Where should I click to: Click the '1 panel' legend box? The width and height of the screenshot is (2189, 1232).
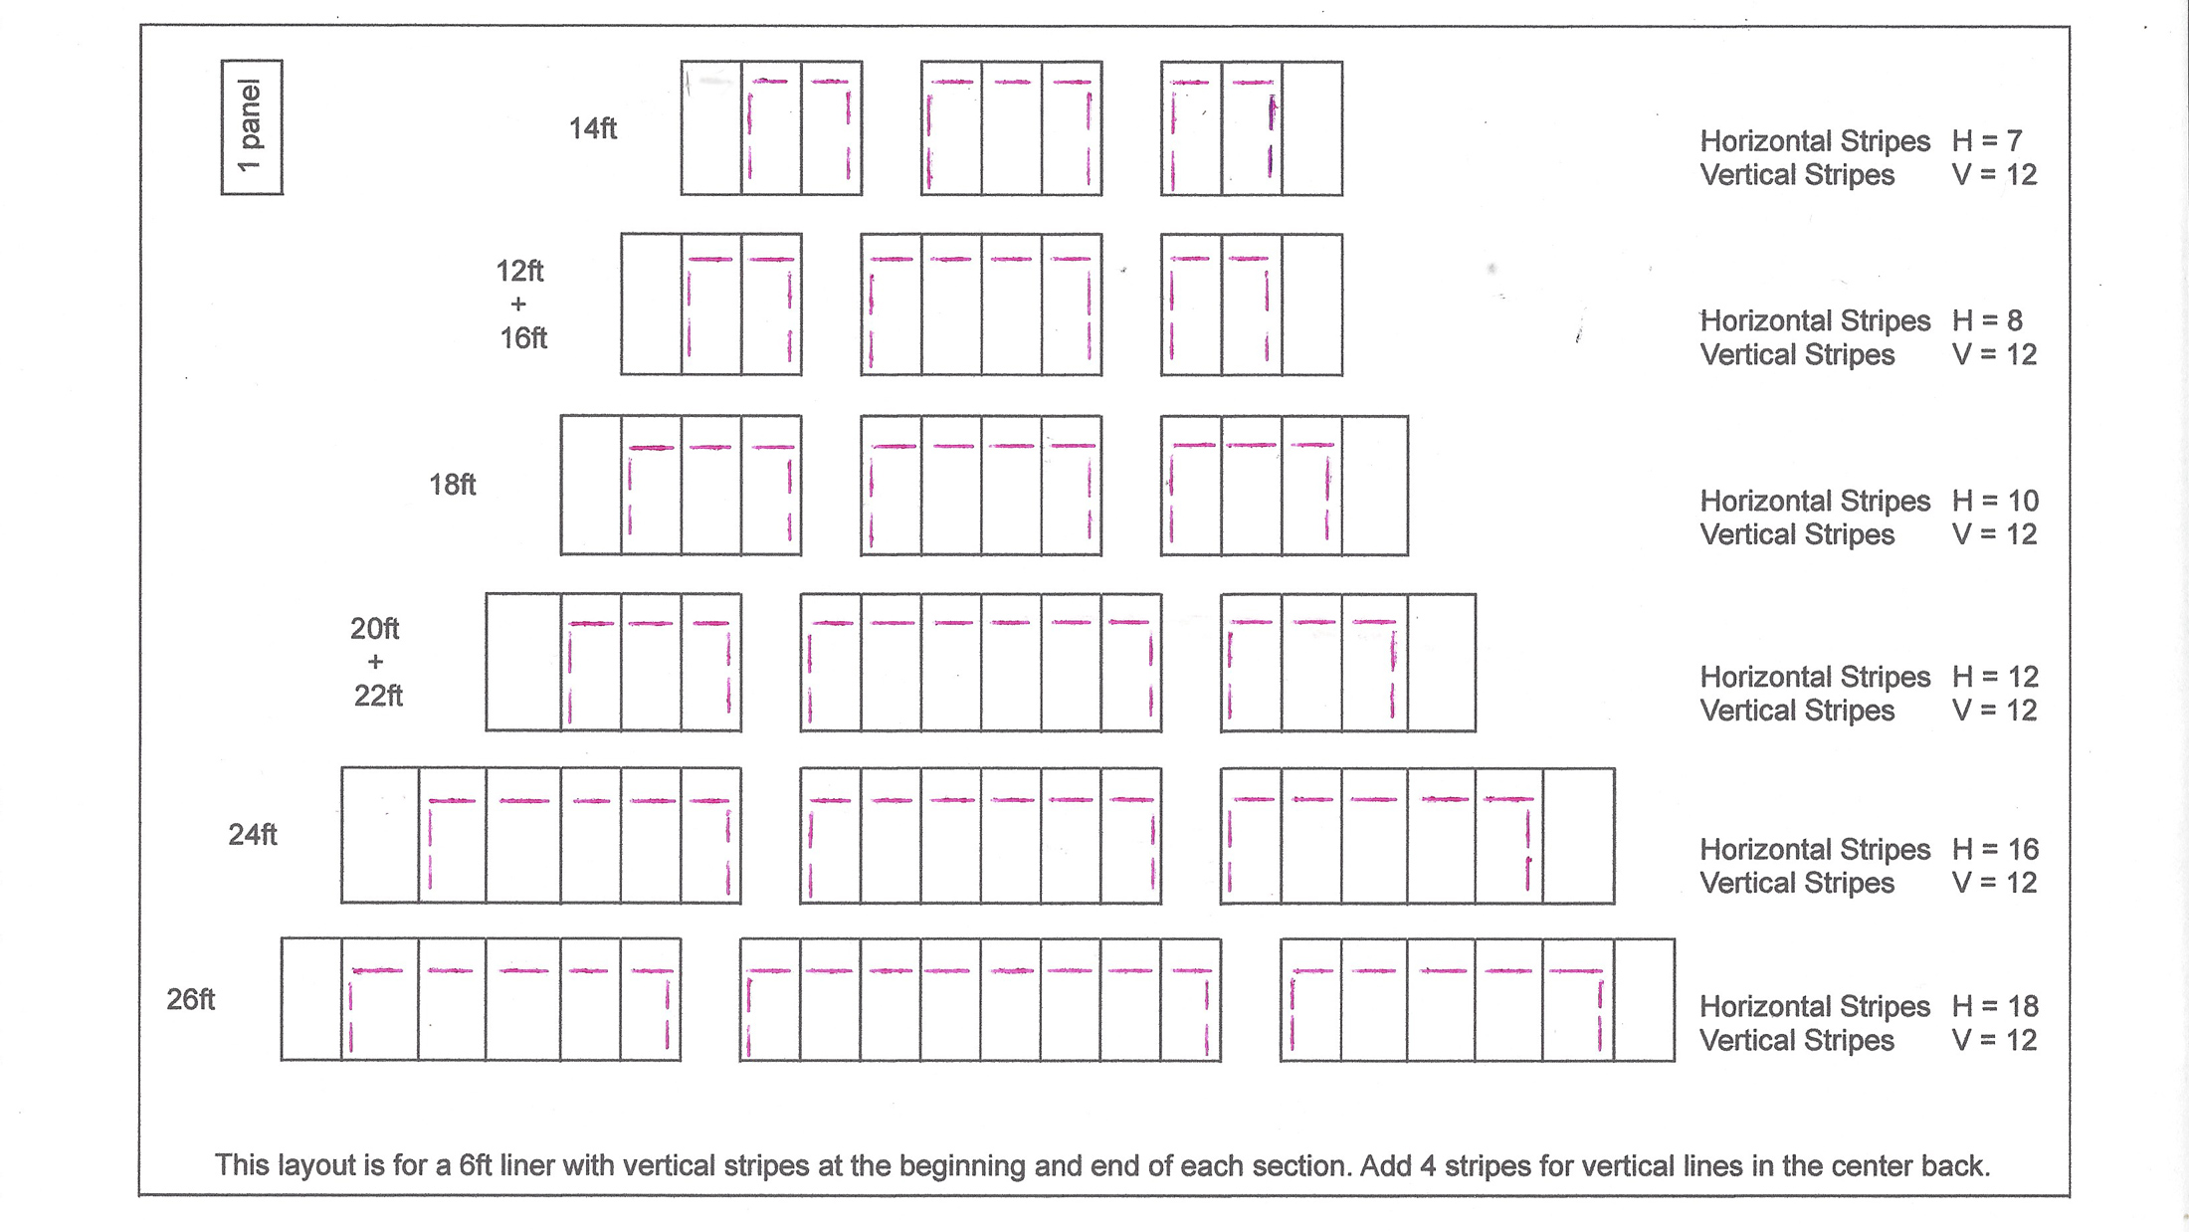point(252,127)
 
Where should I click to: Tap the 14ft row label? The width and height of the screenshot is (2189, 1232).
point(592,128)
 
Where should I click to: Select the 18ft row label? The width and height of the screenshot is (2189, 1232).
point(452,485)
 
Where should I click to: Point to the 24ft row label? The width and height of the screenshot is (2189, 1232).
point(253,834)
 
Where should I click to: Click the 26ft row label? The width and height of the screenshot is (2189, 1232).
point(190,999)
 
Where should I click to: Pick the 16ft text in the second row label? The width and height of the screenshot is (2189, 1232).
point(523,338)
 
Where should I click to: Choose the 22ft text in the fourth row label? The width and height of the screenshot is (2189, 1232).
point(378,696)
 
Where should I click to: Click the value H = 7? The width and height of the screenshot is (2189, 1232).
point(1987,141)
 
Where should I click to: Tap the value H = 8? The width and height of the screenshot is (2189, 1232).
point(1987,320)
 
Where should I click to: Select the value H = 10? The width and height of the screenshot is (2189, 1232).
point(1995,501)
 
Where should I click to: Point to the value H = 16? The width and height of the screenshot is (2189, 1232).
point(1995,849)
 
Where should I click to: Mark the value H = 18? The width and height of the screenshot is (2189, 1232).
point(1995,1006)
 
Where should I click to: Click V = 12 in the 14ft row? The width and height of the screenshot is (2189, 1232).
point(1994,175)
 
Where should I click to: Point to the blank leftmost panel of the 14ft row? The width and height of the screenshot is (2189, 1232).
point(711,128)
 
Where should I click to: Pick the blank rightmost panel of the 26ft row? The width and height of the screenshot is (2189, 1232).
point(1644,1000)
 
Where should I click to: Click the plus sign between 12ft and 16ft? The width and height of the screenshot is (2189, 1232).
point(518,305)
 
